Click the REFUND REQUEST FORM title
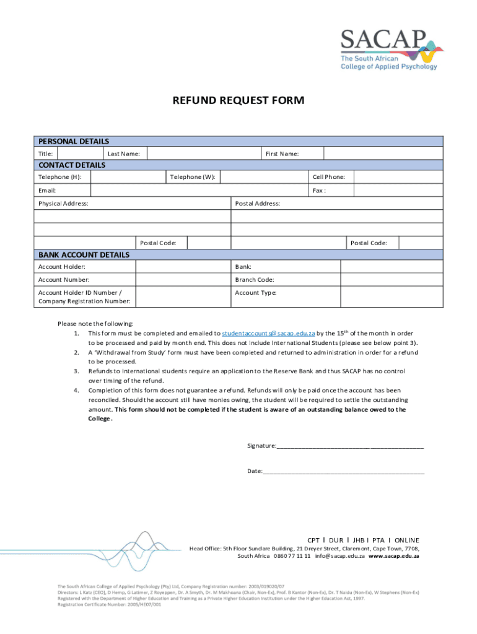coord(239,100)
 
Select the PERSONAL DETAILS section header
coord(74,142)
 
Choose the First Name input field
coord(383,154)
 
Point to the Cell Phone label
coord(329,177)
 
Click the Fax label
coord(319,190)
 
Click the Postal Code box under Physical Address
coord(208,243)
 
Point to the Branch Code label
coord(255,280)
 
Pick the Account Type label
coord(255,293)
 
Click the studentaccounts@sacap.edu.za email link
coord(268,333)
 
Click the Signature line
coord(350,446)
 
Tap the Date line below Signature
coord(344,471)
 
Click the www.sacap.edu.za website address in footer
coord(394,556)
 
